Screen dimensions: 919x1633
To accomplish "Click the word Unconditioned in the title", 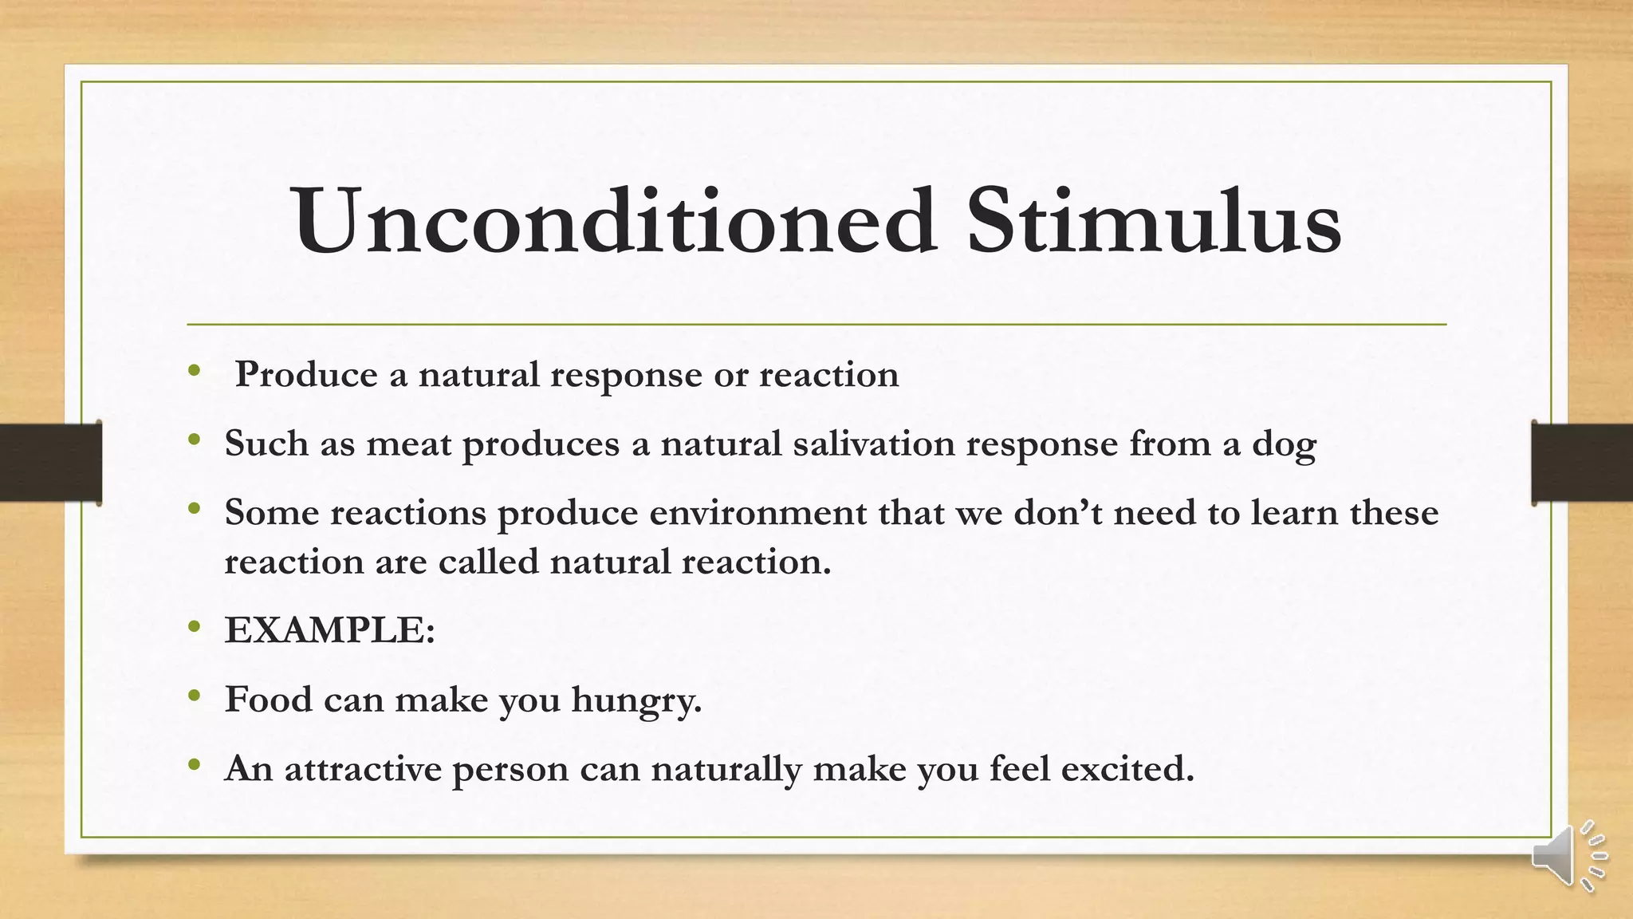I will pos(614,221).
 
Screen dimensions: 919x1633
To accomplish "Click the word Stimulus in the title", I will pos(1154,221).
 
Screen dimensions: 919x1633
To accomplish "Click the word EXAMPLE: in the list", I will pos(330,630).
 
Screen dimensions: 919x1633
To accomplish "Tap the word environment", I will pos(757,512).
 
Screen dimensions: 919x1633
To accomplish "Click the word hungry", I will pos(636,700).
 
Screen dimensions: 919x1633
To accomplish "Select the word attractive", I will pos(363,769).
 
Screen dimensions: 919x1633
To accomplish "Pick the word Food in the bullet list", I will pos(268,700).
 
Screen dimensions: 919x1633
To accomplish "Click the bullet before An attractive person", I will pos(195,765).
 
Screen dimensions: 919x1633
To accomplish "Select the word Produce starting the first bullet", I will pos(306,375).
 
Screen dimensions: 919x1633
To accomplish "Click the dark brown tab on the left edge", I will pos(50,463).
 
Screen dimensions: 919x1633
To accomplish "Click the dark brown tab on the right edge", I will pos(1582,463).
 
